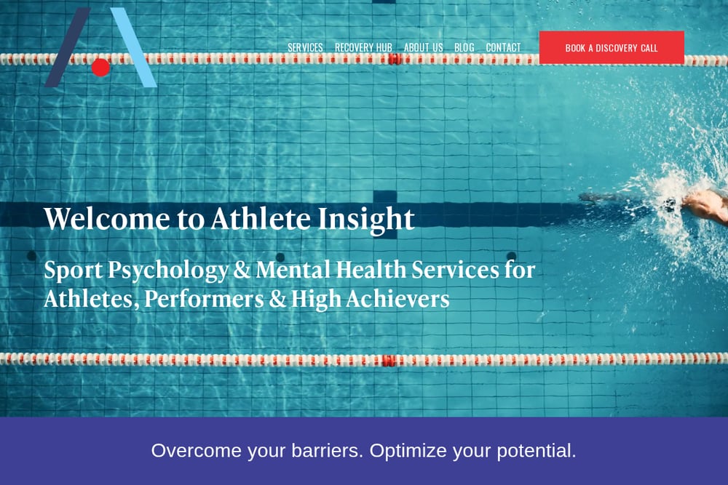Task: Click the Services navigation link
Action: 305,48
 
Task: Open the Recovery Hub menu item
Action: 363,48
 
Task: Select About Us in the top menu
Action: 424,48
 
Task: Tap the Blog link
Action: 464,48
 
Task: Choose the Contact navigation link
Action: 503,48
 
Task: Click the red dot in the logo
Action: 100,67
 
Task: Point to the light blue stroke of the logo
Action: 134,47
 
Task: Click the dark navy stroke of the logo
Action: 68,47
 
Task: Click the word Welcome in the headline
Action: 107,218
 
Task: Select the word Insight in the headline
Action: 366,220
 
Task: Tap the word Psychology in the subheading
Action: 168,270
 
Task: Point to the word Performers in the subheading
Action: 204,299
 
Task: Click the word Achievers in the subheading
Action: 397,299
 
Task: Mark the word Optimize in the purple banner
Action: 408,451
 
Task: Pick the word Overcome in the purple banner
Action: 196,451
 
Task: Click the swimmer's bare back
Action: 708,205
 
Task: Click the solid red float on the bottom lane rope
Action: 389,360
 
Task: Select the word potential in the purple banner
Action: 537,451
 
